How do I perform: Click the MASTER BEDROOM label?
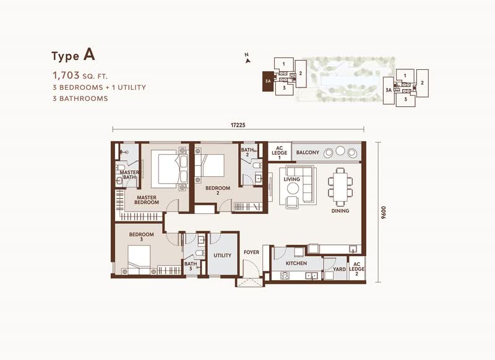pyautogui.click(x=147, y=200)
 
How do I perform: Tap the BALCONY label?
pyautogui.click(x=308, y=152)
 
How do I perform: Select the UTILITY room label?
pyautogui.click(x=223, y=255)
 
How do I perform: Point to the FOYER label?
pyautogui.click(x=251, y=252)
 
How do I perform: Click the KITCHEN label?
pyautogui.click(x=296, y=263)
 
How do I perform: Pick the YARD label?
pyautogui.click(x=339, y=269)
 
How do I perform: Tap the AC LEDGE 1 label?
pyautogui.click(x=280, y=153)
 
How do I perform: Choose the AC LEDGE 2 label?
pyautogui.click(x=357, y=269)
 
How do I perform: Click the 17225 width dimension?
pyautogui.click(x=238, y=125)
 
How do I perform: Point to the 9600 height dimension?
pyautogui.click(x=384, y=213)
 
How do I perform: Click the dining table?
pyautogui.click(x=340, y=187)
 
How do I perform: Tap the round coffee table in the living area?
pyautogui.click(x=293, y=189)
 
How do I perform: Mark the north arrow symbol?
pyautogui.click(x=247, y=59)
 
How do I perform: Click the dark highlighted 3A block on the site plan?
pyautogui.click(x=268, y=81)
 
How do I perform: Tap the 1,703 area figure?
pyautogui.click(x=66, y=75)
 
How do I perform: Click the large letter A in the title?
pyautogui.click(x=89, y=54)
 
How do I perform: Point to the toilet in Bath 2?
pyautogui.click(x=257, y=165)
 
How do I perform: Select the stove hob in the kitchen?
pyautogui.click(x=285, y=275)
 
